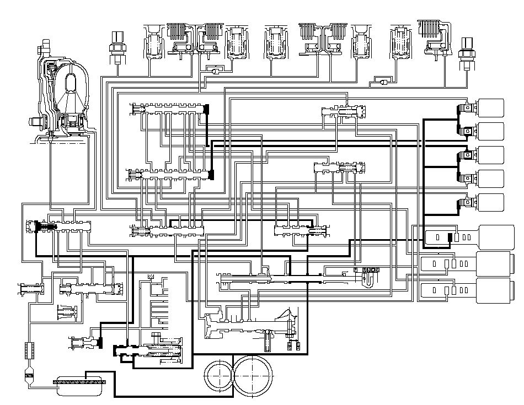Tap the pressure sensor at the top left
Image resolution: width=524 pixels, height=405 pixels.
coord(117,47)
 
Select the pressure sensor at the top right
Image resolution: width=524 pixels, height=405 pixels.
coord(467,52)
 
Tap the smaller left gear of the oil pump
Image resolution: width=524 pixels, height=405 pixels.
coord(219,375)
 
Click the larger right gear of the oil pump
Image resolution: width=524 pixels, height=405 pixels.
coord(254,374)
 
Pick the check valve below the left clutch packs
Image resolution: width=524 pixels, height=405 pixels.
coord(213,70)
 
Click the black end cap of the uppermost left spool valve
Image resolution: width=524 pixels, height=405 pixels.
coord(206,110)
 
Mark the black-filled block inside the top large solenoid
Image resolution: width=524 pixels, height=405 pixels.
coord(450,237)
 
